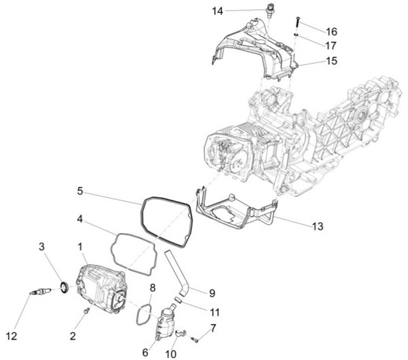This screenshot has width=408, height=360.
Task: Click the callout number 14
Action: click(218, 11)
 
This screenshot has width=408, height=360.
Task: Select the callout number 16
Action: click(331, 31)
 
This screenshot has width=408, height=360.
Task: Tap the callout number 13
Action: click(317, 226)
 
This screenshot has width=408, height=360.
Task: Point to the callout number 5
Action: click(80, 191)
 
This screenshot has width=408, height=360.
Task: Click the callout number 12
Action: click(11, 336)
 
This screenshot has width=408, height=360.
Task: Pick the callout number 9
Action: click(212, 293)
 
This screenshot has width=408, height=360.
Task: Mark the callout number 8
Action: click(152, 288)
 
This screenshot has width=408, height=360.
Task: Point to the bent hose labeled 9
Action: click(180, 272)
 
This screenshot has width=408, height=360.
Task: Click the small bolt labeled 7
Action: click(194, 340)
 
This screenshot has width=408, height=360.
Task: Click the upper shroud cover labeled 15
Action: click(255, 48)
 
